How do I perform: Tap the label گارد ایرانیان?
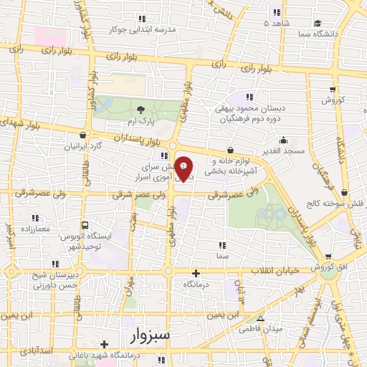[x=83, y=146]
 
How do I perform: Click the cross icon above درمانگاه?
[x=196, y=273]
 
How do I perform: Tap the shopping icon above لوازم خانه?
[x=230, y=151]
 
